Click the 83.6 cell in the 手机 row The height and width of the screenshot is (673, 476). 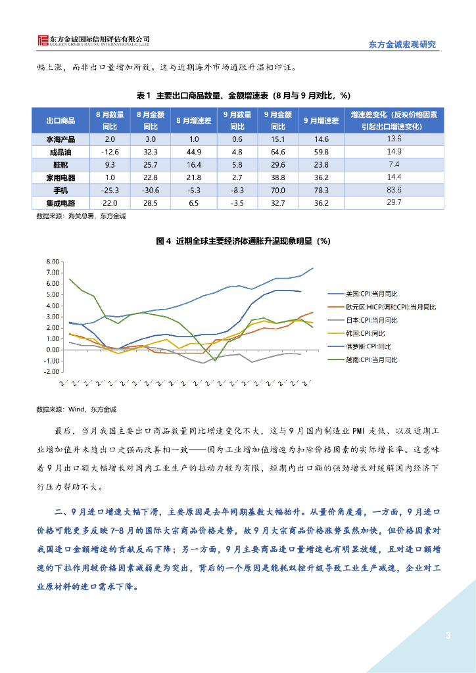click(394, 189)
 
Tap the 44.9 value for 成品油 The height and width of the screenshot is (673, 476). click(193, 152)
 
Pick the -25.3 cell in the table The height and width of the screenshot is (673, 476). click(109, 190)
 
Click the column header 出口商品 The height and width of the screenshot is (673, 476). click(60, 120)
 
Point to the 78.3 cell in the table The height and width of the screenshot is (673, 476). click(321, 190)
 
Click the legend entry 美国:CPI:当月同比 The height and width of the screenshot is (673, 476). click(372, 294)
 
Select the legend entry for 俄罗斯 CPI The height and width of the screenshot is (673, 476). click(368, 346)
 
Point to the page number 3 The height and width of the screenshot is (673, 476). click(448, 635)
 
